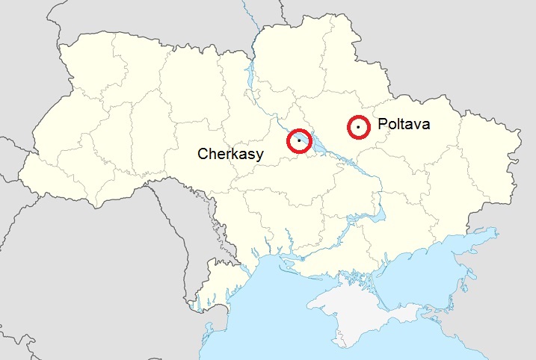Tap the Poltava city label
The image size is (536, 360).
coord(404,125)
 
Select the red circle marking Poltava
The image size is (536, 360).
coord(359,128)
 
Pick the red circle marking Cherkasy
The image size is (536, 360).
coord(299,140)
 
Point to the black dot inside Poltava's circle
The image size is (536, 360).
coord(359,128)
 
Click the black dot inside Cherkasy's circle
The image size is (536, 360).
coord(299,140)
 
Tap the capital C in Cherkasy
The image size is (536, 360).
coord(203,154)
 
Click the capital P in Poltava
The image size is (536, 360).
coord(382,125)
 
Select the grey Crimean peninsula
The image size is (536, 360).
coord(351,302)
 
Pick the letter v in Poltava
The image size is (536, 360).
coord(416,125)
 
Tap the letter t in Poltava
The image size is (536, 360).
coord(404,125)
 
